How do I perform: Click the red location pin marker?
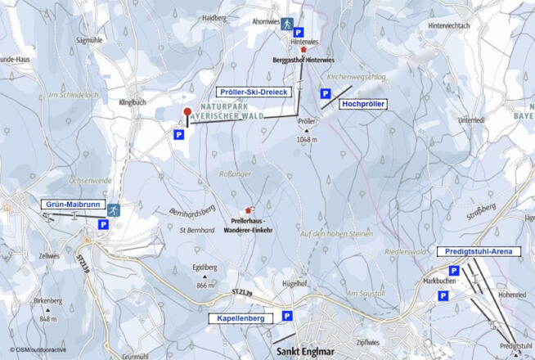tap(187, 114)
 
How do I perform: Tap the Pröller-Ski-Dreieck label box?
tap(253, 92)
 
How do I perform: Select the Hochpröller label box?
tap(363, 104)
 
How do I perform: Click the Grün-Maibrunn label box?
tap(72, 204)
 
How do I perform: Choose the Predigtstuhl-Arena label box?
tap(479, 251)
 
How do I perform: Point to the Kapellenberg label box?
tap(241, 317)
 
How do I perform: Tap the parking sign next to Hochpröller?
tap(325, 94)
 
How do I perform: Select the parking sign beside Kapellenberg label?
tap(287, 316)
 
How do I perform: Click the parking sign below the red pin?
tap(178, 134)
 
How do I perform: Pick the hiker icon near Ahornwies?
tap(286, 25)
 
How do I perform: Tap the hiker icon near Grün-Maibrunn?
tap(112, 210)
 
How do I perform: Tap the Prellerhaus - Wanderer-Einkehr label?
tap(251, 225)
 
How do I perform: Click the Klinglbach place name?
tap(132, 102)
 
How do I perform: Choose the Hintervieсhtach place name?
tap(448, 25)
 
